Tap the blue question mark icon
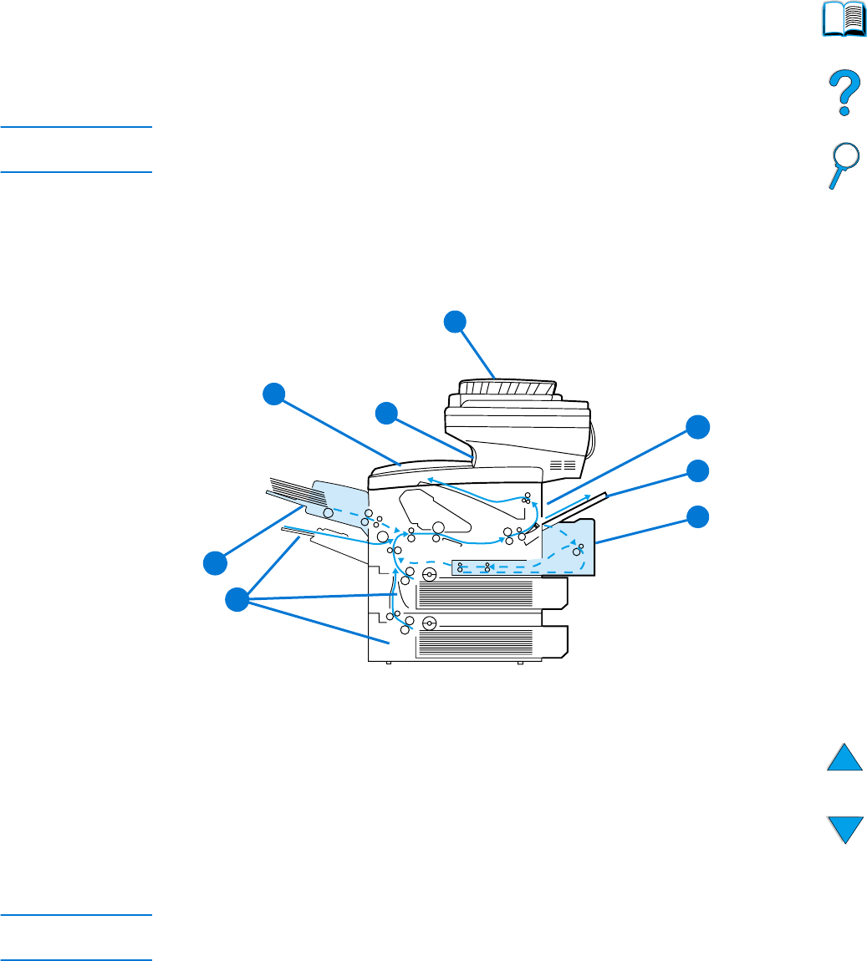click(x=844, y=92)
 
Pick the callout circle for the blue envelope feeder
click(x=215, y=562)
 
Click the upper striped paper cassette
click(x=475, y=594)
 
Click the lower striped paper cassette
click(x=475, y=642)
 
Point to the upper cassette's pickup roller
click(x=430, y=575)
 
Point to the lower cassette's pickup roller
click(x=430, y=623)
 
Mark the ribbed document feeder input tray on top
click(x=507, y=389)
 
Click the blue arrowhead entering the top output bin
click(x=430, y=480)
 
